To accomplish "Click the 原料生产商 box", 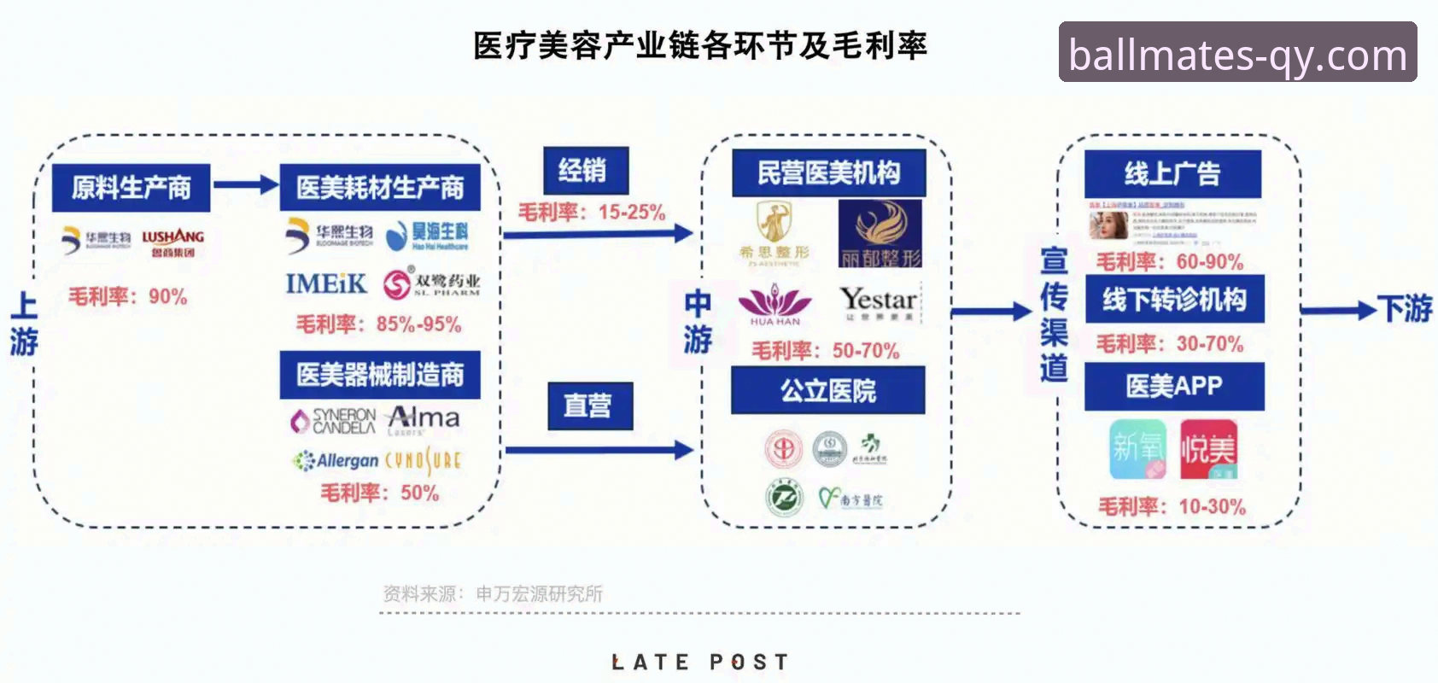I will pos(131,188).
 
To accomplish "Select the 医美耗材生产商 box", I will pos(380,188).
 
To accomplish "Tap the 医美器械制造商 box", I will pos(380,375).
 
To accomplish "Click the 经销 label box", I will pos(586,171).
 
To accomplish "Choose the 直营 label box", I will pos(590,406).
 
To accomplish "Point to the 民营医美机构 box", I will pos(828,173).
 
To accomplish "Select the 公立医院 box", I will pos(827,391).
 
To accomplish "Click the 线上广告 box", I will pos(1172,174).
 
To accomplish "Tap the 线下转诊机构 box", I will pos(1174,300).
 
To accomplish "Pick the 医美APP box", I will pos(1174,386).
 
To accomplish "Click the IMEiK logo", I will pos(325,283).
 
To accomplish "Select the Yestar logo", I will pos(879,301).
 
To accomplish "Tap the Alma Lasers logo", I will pos(424,418).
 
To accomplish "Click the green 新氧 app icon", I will pos(1137,449).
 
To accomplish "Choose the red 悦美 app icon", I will pos(1208,449).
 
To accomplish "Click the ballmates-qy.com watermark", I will pos(1237,53).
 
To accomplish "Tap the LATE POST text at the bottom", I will pos(700,662).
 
